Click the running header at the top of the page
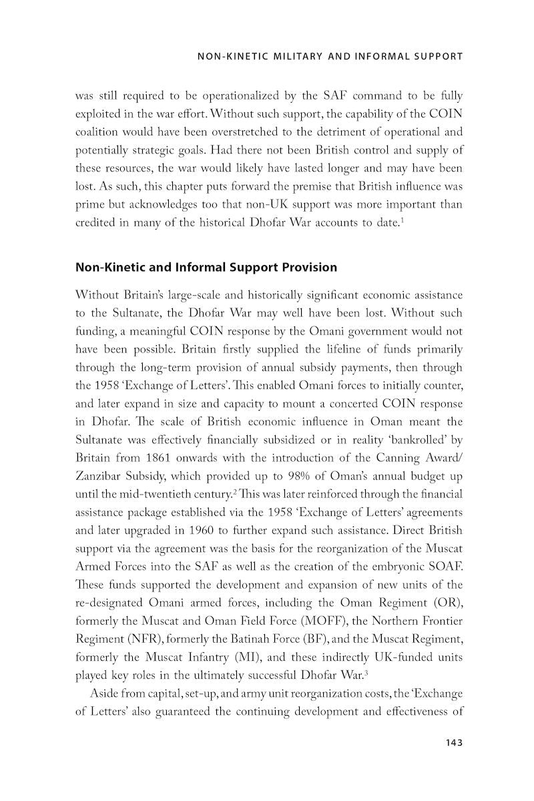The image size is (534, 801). click(330, 57)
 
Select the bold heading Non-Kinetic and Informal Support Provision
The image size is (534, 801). click(206, 268)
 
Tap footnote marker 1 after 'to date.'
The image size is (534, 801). click(402, 219)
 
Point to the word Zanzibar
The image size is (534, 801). click(99, 477)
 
